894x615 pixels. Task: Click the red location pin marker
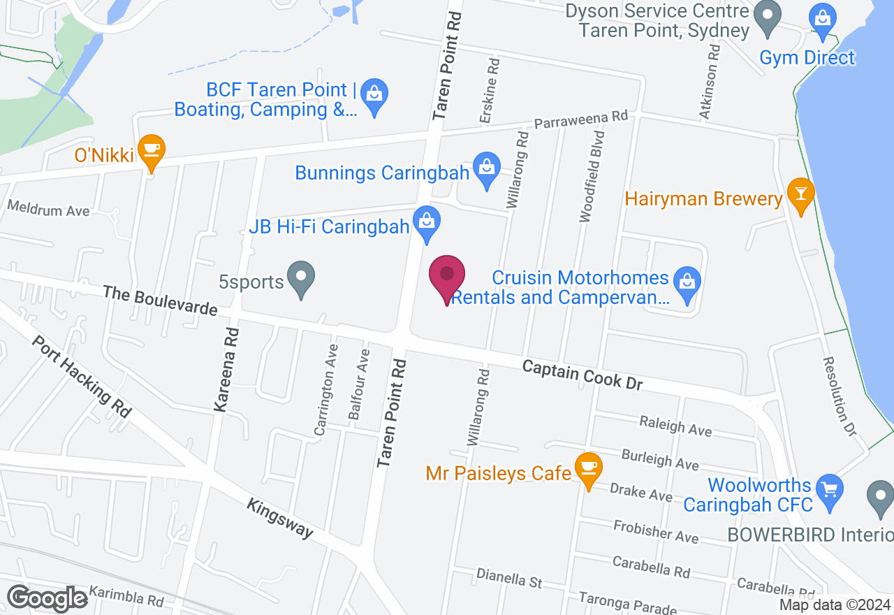446,277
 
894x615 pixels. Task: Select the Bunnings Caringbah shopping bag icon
487,169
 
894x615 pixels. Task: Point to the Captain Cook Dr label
582,375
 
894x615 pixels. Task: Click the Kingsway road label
280,517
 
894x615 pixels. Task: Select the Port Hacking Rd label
81,377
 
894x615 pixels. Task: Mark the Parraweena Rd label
581,120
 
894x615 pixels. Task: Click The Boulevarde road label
160,299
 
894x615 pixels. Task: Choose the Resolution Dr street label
839,397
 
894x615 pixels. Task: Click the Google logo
47,598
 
